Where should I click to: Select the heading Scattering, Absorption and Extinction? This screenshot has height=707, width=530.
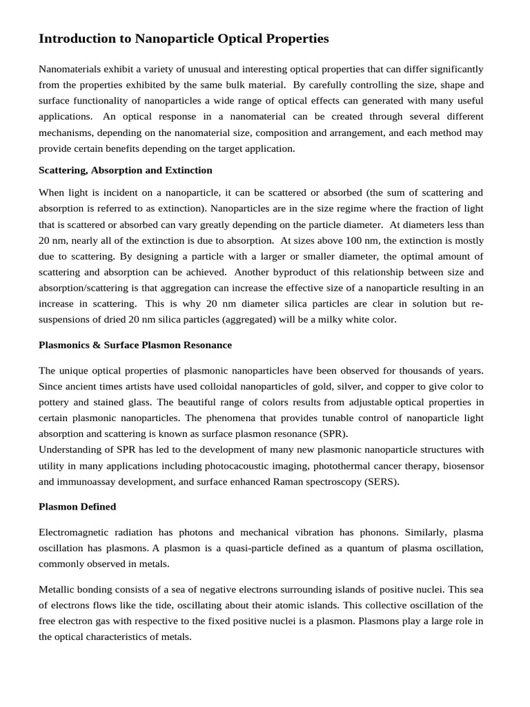coord(125,170)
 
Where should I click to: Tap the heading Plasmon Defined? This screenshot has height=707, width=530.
coord(77,507)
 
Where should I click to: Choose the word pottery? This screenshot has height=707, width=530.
coord(56,402)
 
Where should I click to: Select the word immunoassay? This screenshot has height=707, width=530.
coord(92,482)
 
